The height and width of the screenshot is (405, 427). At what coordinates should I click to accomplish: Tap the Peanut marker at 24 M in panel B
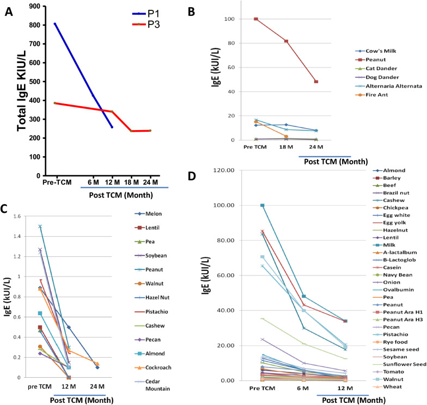tap(316, 82)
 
